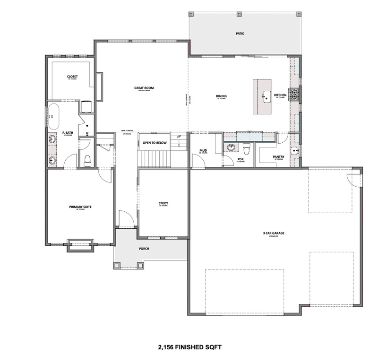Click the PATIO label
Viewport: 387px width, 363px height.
(240, 34)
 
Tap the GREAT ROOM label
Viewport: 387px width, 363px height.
(144, 87)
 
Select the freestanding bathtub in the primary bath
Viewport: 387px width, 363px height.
(52, 116)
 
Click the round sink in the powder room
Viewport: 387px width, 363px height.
(231, 147)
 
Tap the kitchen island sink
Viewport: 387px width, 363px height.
(265, 96)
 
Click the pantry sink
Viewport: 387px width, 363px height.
(294, 151)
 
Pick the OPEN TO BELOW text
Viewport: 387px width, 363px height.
(155, 142)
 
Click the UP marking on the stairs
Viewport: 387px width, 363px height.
(179, 137)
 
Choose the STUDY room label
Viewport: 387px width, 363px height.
(163, 203)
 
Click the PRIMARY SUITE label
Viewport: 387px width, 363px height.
(79, 207)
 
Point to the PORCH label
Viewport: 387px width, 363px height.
(144, 249)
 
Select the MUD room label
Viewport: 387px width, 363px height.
(203, 150)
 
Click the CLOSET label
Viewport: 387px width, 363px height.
(72, 76)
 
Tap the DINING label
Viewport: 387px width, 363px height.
(221, 96)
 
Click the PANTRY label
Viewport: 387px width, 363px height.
(278, 156)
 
